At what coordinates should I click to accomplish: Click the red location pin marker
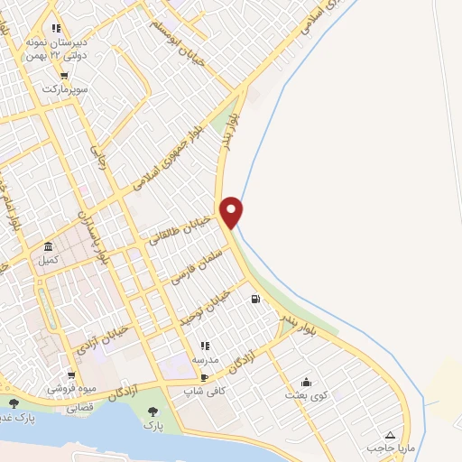233,212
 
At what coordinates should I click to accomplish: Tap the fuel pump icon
257,300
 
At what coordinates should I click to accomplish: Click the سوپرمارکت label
63,90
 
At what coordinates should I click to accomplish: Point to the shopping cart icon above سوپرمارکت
63,76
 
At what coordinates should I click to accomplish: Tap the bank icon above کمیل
48,246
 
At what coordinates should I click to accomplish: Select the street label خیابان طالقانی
181,230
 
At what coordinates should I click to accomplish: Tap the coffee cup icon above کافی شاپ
204,377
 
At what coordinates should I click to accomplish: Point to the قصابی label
79,407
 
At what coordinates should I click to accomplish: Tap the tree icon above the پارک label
152,413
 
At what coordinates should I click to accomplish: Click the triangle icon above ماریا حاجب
389,434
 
